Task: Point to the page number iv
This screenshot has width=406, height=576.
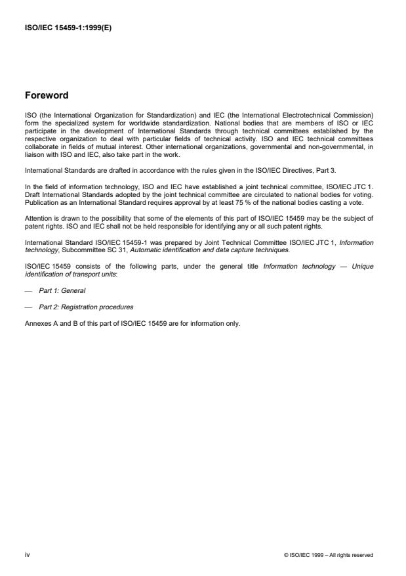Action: coord(28,554)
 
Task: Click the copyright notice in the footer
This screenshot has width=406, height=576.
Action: coord(329,555)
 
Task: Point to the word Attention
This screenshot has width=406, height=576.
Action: coord(37,218)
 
